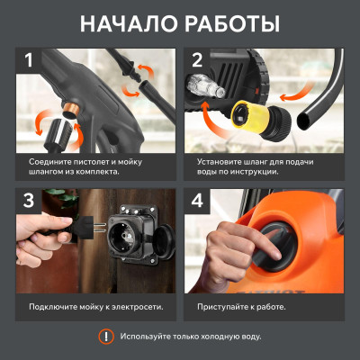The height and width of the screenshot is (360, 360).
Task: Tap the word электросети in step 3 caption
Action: (132, 306)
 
